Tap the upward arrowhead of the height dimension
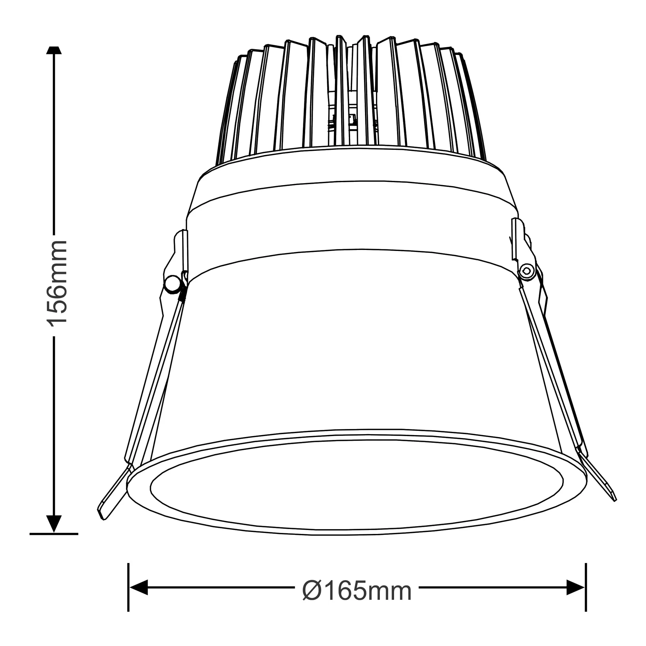point(54,51)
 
